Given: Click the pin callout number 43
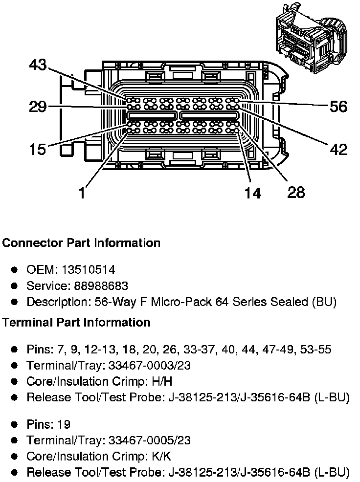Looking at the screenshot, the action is pos(38,65).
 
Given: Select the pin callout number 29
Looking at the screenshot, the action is pos(38,107).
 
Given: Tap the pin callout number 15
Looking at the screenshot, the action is pos(38,150).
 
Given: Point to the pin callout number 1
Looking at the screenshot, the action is pos(82,193).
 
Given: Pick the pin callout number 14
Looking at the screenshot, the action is pos(252,193).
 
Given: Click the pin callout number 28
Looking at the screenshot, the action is pos(296,193).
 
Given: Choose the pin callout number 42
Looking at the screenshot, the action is pos(338,150).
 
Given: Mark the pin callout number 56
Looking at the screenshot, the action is pos(338,107).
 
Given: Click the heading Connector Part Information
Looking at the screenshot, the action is pos(81,243).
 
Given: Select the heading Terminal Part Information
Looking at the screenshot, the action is pos(76,322).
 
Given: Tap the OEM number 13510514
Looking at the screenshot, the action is pos(89,269).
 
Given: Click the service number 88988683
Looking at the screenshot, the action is pos(101,285).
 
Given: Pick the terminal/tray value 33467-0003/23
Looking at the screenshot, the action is pos(150,365).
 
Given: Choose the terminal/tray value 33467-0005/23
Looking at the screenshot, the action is pos(150,440).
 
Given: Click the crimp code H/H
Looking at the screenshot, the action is pos(162,381).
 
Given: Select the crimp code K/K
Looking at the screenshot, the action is pos(161,456).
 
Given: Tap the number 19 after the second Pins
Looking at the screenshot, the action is pos(64,424).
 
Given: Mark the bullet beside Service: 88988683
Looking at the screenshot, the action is pos(14,286).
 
